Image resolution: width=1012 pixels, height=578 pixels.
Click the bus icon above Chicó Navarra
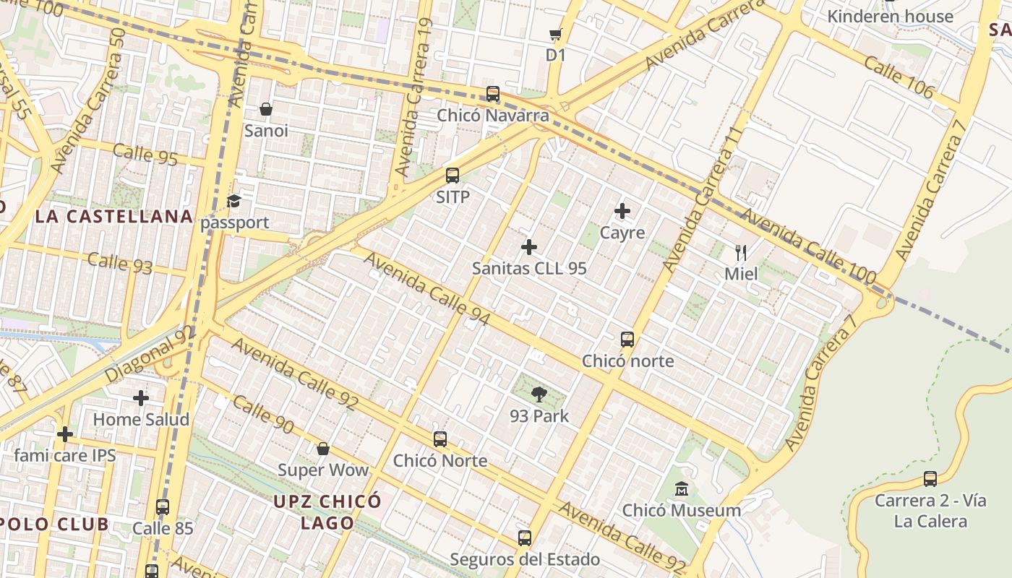click(x=493, y=94)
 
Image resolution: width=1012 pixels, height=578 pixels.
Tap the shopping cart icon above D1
click(x=555, y=34)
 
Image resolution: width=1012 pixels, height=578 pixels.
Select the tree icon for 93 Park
click(x=539, y=394)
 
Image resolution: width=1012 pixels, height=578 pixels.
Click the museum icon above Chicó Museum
click(x=681, y=489)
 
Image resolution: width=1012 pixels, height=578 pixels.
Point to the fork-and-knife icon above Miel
click(x=741, y=252)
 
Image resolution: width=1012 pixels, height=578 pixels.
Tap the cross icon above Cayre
click(x=622, y=211)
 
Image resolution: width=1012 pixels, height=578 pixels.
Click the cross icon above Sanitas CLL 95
click(x=529, y=247)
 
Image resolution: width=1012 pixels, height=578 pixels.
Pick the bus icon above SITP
click(x=453, y=175)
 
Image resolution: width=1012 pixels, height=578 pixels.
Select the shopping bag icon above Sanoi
click(x=266, y=109)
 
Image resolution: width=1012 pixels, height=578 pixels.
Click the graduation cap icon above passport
click(x=234, y=201)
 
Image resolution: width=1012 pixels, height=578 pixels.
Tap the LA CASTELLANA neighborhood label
click(x=114, y=216)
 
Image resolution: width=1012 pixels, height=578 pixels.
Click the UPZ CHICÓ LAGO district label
click(x=327, y=512)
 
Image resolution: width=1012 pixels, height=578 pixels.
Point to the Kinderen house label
click(x=890, y=16)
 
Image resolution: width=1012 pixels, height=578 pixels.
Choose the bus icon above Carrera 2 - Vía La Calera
click(x=930, y=479)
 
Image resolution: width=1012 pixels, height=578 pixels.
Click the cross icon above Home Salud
click(x=141, y=398)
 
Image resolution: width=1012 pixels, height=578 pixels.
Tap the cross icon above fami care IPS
click(x=65, y=434)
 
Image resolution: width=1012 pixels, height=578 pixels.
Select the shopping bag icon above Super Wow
click(x=323, y=449)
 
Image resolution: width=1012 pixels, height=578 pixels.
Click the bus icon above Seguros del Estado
click(x=525, y=538)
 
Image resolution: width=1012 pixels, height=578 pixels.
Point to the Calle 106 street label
click(x=899, y=78)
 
